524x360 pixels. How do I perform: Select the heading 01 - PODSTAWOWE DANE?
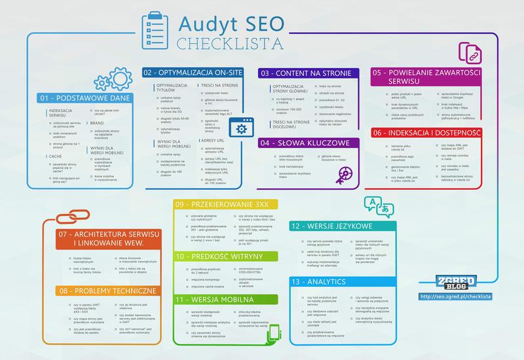[x=84, y=98]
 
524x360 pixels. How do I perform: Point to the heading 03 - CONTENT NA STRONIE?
[x=306, y=73]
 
